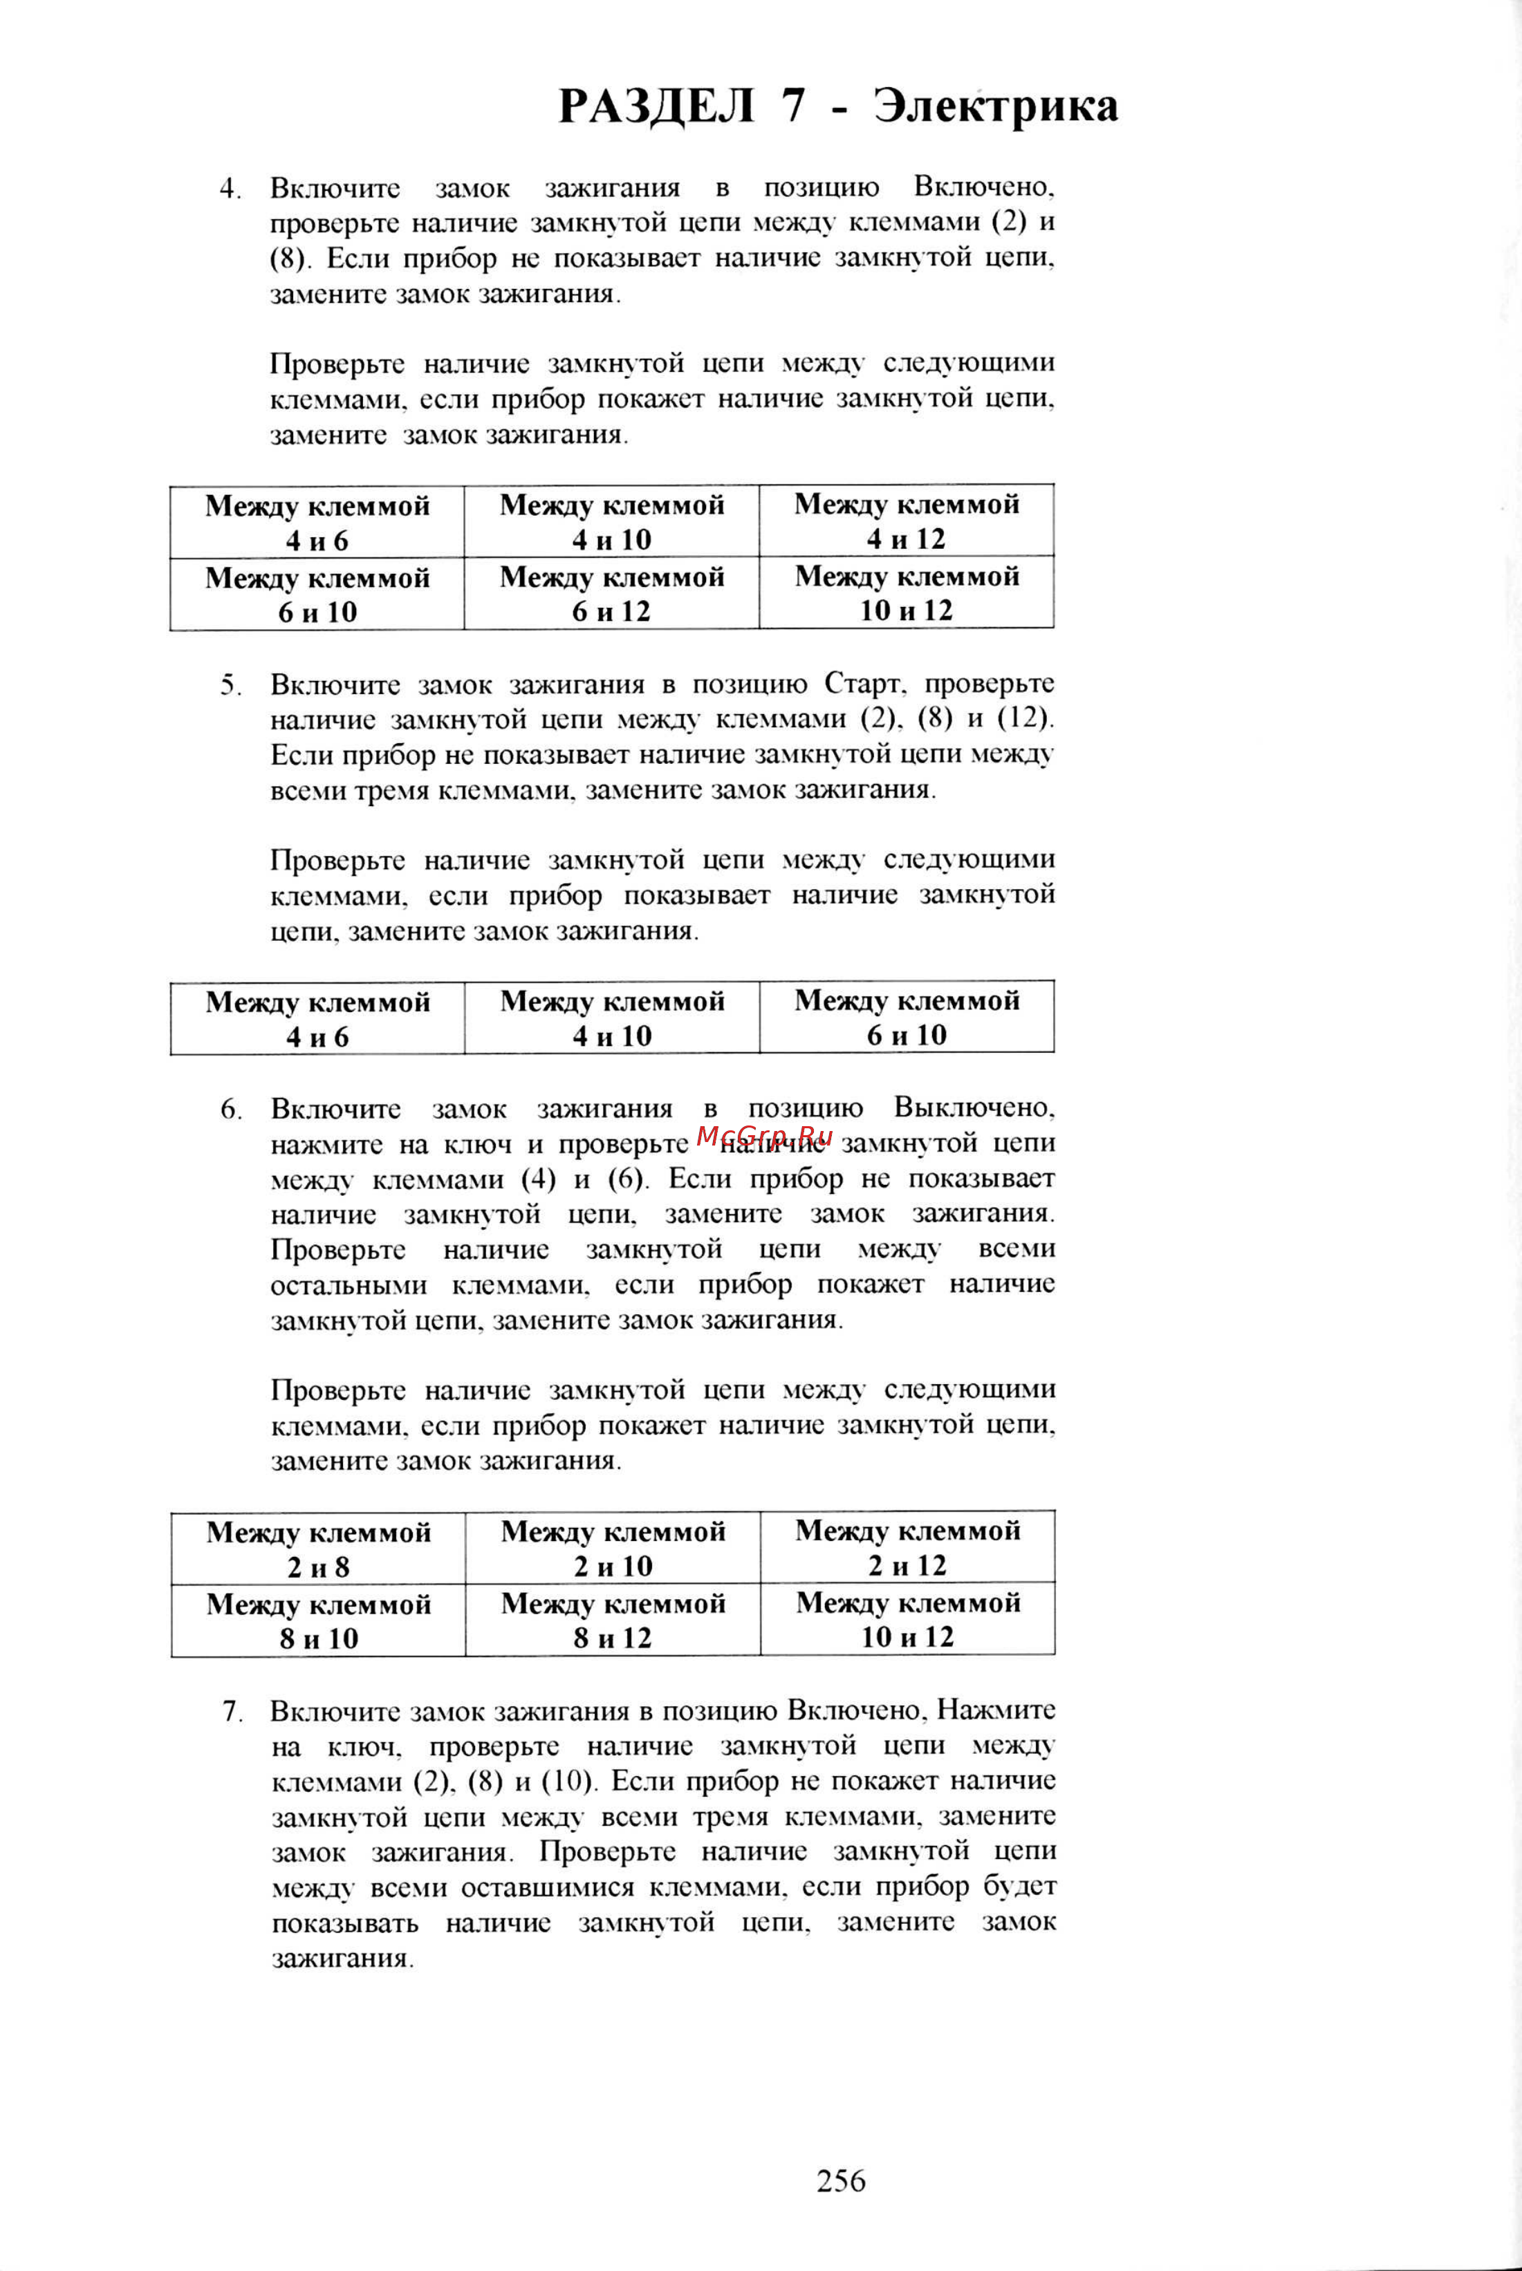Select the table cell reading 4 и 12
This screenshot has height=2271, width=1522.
click(907, 521)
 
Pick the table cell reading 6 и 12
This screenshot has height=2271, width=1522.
click(611, 593)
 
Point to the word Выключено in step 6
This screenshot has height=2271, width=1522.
click(974, 1108)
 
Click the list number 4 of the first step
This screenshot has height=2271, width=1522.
click(228, 188)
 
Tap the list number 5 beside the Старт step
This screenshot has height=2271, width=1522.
click(228, 685)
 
